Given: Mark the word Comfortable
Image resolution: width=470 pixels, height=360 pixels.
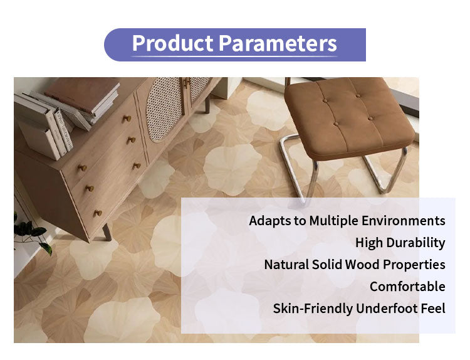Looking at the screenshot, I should (407, 287).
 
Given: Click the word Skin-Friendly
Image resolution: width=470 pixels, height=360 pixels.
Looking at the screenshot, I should (312, 309).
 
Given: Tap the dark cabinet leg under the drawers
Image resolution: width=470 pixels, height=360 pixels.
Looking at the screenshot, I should (107, 232).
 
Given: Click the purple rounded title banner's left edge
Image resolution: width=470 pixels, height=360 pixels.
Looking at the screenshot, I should (110, 45).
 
